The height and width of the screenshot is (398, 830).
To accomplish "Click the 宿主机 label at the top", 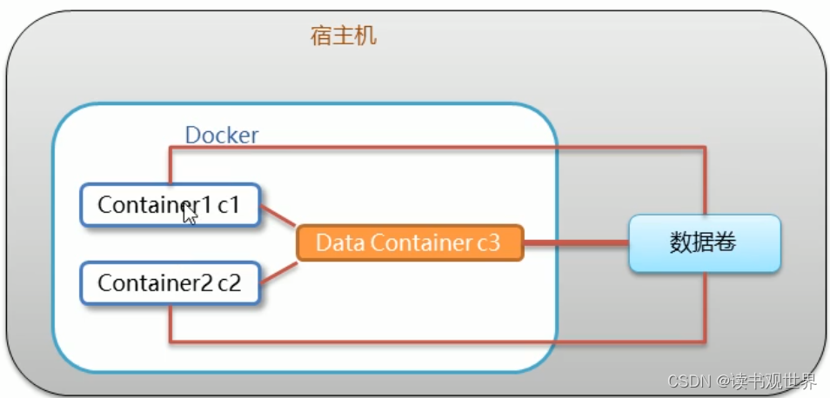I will tap(344, 36).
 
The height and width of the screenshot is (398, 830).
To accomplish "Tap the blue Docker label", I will tap(221, 136).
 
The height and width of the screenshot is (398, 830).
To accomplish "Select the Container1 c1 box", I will tap(171, 205).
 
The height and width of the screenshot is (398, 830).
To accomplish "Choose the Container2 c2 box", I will tap(171, 282).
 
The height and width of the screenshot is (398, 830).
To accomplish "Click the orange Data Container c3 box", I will tap(408, 242).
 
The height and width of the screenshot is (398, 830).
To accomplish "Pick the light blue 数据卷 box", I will tap(703, 242).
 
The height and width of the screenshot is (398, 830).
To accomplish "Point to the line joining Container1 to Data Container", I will tap(278, 217).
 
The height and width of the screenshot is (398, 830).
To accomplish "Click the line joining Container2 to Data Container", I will tap(278, 270).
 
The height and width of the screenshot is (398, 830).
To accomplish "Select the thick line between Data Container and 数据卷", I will tap(576, 243).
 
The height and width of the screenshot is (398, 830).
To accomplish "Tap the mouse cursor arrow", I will tap(190, 214).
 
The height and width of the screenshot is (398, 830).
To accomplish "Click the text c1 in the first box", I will tap(228, 205).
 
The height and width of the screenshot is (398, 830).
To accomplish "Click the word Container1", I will tap(155, 205).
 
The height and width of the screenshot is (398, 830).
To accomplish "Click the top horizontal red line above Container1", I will tap(435, 148).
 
